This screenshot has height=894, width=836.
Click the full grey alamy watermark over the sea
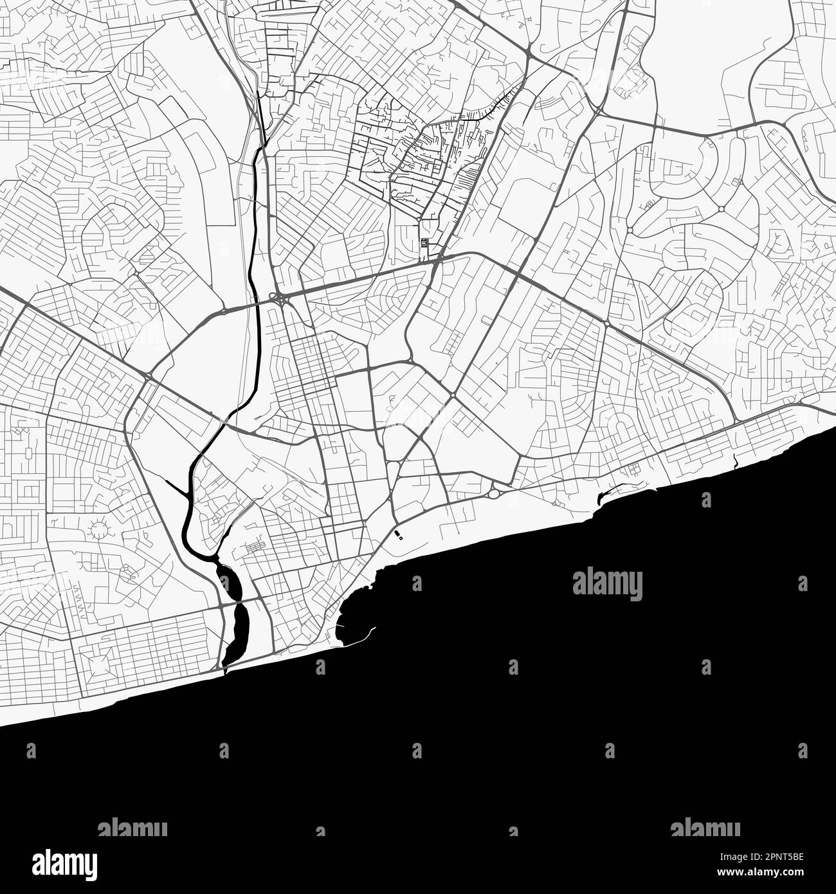pyautogui.click(x=607, y=584)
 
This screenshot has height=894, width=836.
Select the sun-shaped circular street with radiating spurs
pyautogui.click(x=99, y=529)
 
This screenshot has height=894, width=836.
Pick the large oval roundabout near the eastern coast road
pyautogui.click(x=494, y=494)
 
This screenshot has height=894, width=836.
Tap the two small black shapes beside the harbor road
pyautogui.click(x=398, y=535)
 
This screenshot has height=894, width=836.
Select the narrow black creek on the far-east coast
pyautogui.click(x=734, y=460)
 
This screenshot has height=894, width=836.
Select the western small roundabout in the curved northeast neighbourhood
pyautogui.click(x=630, y=230)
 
